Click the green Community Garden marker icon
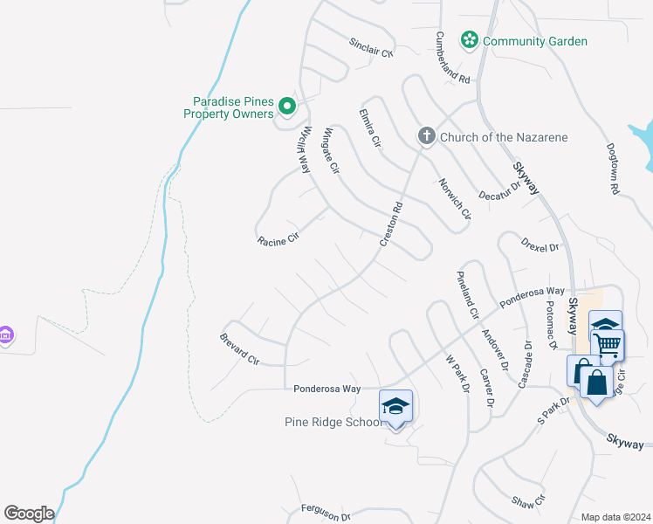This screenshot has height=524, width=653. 470,40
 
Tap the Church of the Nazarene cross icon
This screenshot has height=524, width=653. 426,136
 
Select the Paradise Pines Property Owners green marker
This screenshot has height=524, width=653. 288,108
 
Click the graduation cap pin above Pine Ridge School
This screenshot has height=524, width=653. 395,406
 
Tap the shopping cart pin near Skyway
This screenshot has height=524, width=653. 607,343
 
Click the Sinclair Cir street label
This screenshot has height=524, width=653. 372,48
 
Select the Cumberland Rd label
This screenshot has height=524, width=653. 452,58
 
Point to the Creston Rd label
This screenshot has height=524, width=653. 390,224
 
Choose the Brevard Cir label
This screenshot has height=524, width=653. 240,348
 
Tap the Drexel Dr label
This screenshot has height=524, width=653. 539,244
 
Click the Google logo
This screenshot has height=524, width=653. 29,513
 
